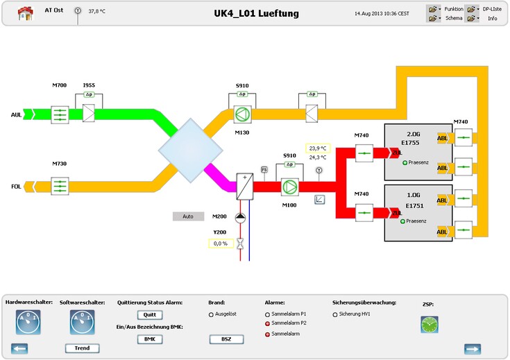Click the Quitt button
[148, 315]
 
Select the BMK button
[148, 339]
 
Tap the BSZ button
[226, 339]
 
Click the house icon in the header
[25, 13]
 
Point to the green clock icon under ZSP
[430, 324]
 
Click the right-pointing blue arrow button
[473, 348]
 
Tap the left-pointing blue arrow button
[20, 348]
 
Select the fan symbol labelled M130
[241, 114]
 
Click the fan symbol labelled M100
[289, 187]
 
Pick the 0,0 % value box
[221, 243]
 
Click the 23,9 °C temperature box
[318, 148]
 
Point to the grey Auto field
[188, 216]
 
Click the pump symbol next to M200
[240, 217]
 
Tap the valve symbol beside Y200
[240, 243]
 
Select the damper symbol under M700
[61, 114]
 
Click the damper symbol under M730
[61, 186]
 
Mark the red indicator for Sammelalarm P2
[267, 323]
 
